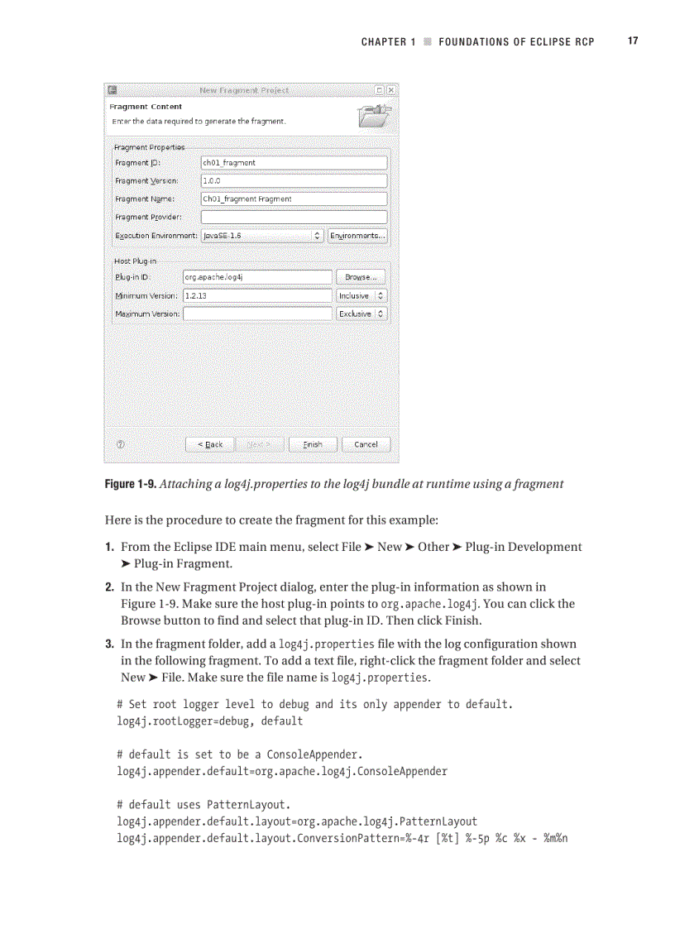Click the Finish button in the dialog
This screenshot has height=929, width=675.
click(x=313, y=444)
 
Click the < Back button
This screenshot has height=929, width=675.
click(x=210, y=444)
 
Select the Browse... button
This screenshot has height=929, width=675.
click(x=361, y=277)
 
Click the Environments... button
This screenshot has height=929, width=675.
click(x=357, y=236)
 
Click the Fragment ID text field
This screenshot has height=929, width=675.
click(x=294, y=163)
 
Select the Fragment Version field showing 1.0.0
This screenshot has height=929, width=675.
click(x=294, y=180)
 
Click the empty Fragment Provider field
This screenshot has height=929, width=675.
click(x=294, y=217)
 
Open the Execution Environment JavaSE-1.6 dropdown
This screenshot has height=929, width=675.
click(x=262, y=236)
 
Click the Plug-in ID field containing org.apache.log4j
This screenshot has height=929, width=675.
click(x=257, y=277)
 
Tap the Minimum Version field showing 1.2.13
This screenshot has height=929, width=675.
click(x=257, y=295)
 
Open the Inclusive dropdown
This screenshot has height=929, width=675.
click(x=361, y=295)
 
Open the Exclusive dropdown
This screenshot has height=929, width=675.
click(x=361, y=314)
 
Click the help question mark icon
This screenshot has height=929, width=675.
click(x=121, y=444)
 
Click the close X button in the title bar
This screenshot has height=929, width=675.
click(x=391, y=89)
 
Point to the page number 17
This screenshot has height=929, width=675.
click(x=633, y=41)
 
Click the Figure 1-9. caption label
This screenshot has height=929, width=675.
click(x=129, y=484)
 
